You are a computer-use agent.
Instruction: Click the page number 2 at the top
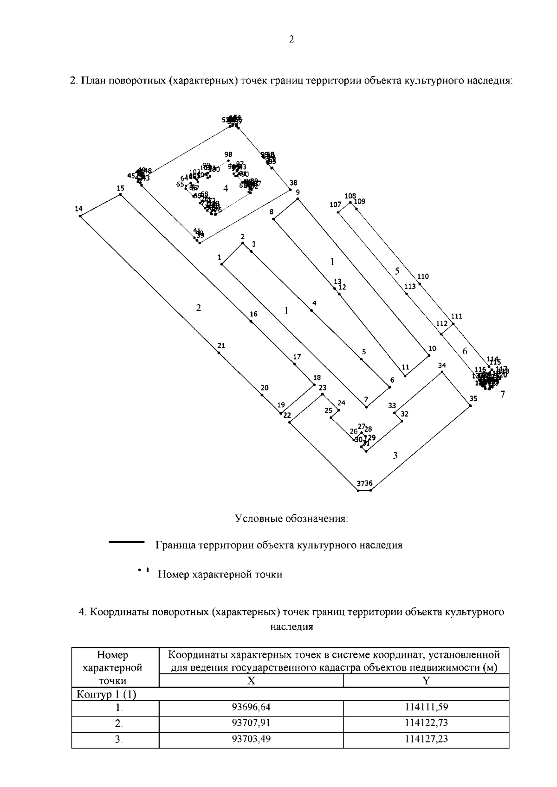[291, 39]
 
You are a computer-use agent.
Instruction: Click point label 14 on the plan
[78, 209]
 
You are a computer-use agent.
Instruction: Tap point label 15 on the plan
[121, 188]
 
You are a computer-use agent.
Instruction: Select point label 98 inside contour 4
[228, 154]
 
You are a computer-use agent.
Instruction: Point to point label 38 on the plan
[293, 183]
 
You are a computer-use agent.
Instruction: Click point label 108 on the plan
[350, 196]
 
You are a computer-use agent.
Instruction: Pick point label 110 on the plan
[423, 276]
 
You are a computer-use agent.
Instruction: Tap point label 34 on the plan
[442, 365]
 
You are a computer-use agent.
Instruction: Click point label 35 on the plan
[473, 398]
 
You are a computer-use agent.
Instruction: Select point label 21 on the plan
[221, 346]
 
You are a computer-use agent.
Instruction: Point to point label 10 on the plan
[432, 348]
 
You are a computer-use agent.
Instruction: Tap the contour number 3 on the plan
[395, 455]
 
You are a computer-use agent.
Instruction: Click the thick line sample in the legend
[127, 541]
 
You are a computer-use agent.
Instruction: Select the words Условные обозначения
[291, 518]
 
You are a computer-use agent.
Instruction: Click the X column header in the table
[251, 680]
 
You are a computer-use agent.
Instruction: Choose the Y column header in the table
[426, 680]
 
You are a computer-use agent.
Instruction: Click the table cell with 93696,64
[251, 707]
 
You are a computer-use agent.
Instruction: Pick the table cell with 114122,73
[426, 723]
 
